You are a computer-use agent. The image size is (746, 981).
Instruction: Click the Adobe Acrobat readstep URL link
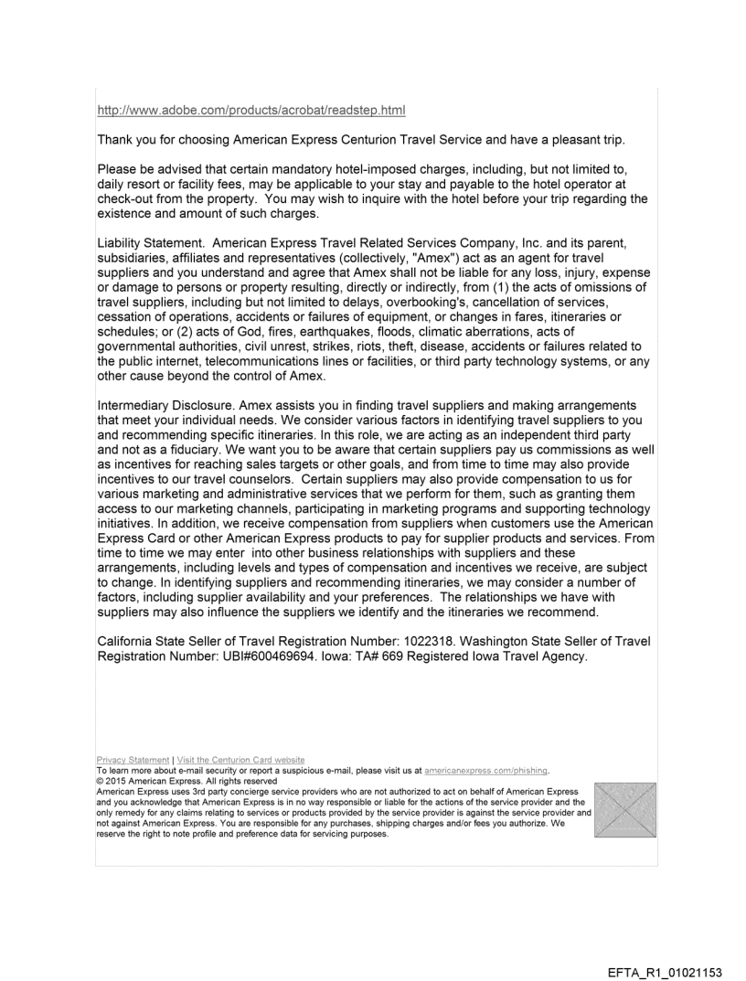[x=251, y=111]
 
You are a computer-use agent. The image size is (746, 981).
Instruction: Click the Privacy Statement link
[x=133, y=760]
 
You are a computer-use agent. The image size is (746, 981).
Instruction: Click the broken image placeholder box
[x=624, y=810]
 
